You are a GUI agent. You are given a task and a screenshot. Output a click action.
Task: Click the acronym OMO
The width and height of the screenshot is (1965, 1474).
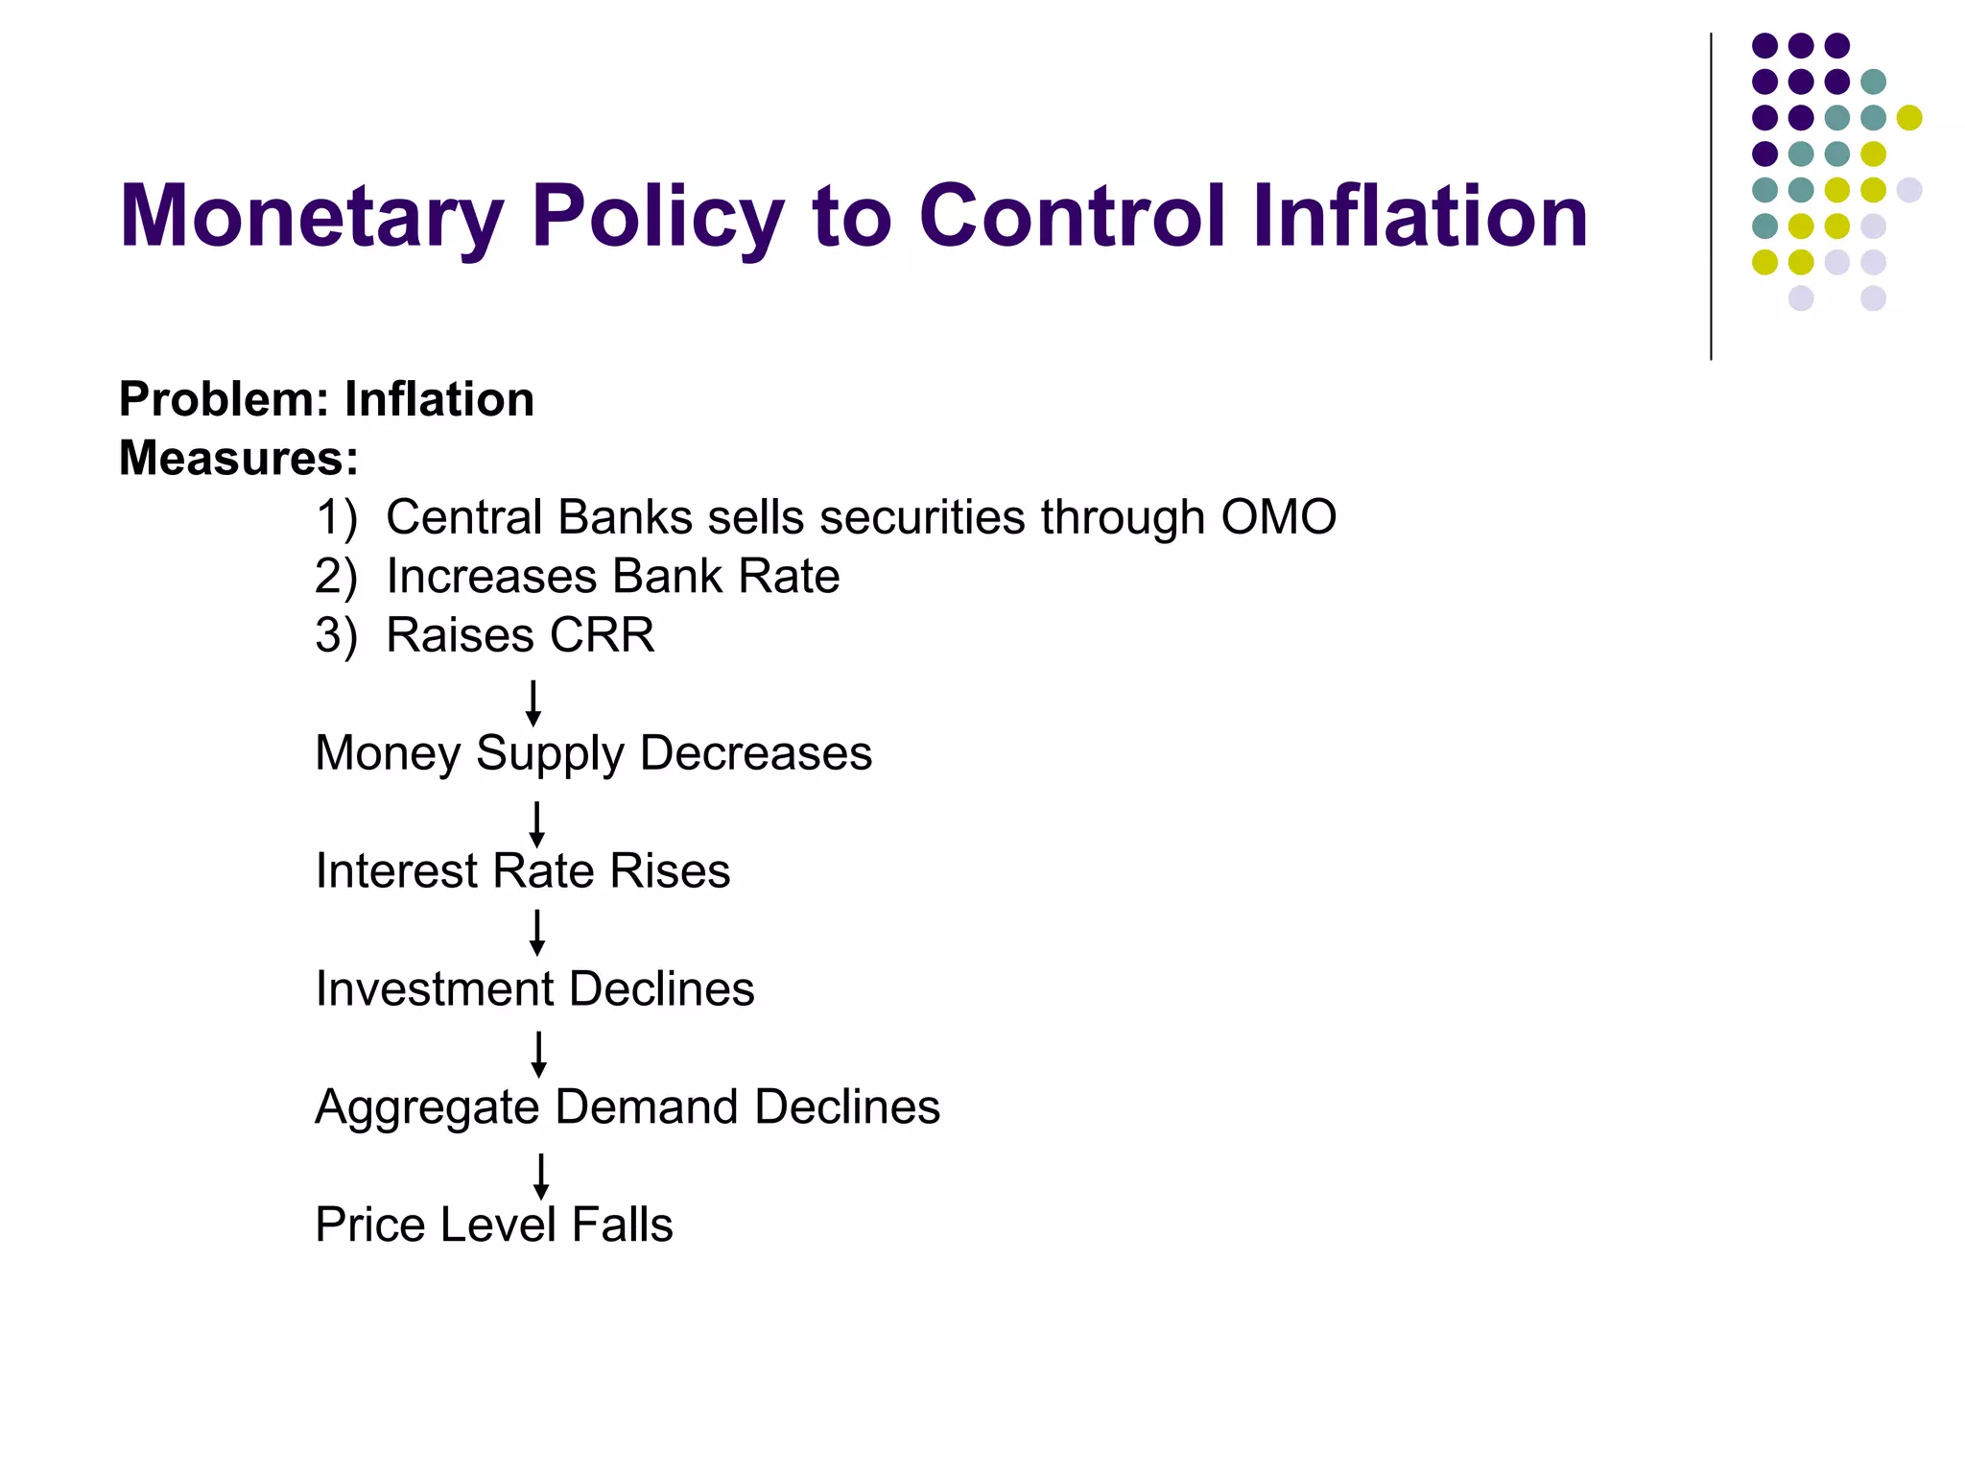pos(1278,517)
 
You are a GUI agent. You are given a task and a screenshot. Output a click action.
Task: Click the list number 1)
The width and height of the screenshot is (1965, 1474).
pos(336,517)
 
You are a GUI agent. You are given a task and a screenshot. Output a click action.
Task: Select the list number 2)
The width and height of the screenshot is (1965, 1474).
pos(336,577)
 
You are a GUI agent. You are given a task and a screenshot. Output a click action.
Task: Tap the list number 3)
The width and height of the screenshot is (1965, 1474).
pos(336,636)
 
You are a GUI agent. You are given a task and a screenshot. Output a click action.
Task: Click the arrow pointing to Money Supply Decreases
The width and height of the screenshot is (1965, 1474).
pos(533,703)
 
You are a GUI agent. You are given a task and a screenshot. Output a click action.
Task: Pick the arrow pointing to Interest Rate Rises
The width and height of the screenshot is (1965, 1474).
pos(536,824)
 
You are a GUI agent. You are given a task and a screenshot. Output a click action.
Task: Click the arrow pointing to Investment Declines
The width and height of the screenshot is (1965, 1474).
pos(537,933)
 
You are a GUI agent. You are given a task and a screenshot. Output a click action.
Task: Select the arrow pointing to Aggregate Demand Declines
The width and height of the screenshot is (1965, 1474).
pos(539,1055)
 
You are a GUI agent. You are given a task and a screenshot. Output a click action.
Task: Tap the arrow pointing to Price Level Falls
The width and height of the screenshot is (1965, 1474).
pos(541,1177)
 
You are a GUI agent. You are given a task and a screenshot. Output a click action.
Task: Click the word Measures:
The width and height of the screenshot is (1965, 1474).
pos(239,458)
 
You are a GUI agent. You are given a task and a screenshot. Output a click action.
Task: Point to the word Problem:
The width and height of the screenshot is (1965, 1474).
pos(223,399)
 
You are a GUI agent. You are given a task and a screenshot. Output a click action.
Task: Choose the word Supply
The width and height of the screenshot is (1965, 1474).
pos(550,754)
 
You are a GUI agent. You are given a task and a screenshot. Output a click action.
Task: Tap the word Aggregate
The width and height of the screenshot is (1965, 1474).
pos(427,1108)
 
